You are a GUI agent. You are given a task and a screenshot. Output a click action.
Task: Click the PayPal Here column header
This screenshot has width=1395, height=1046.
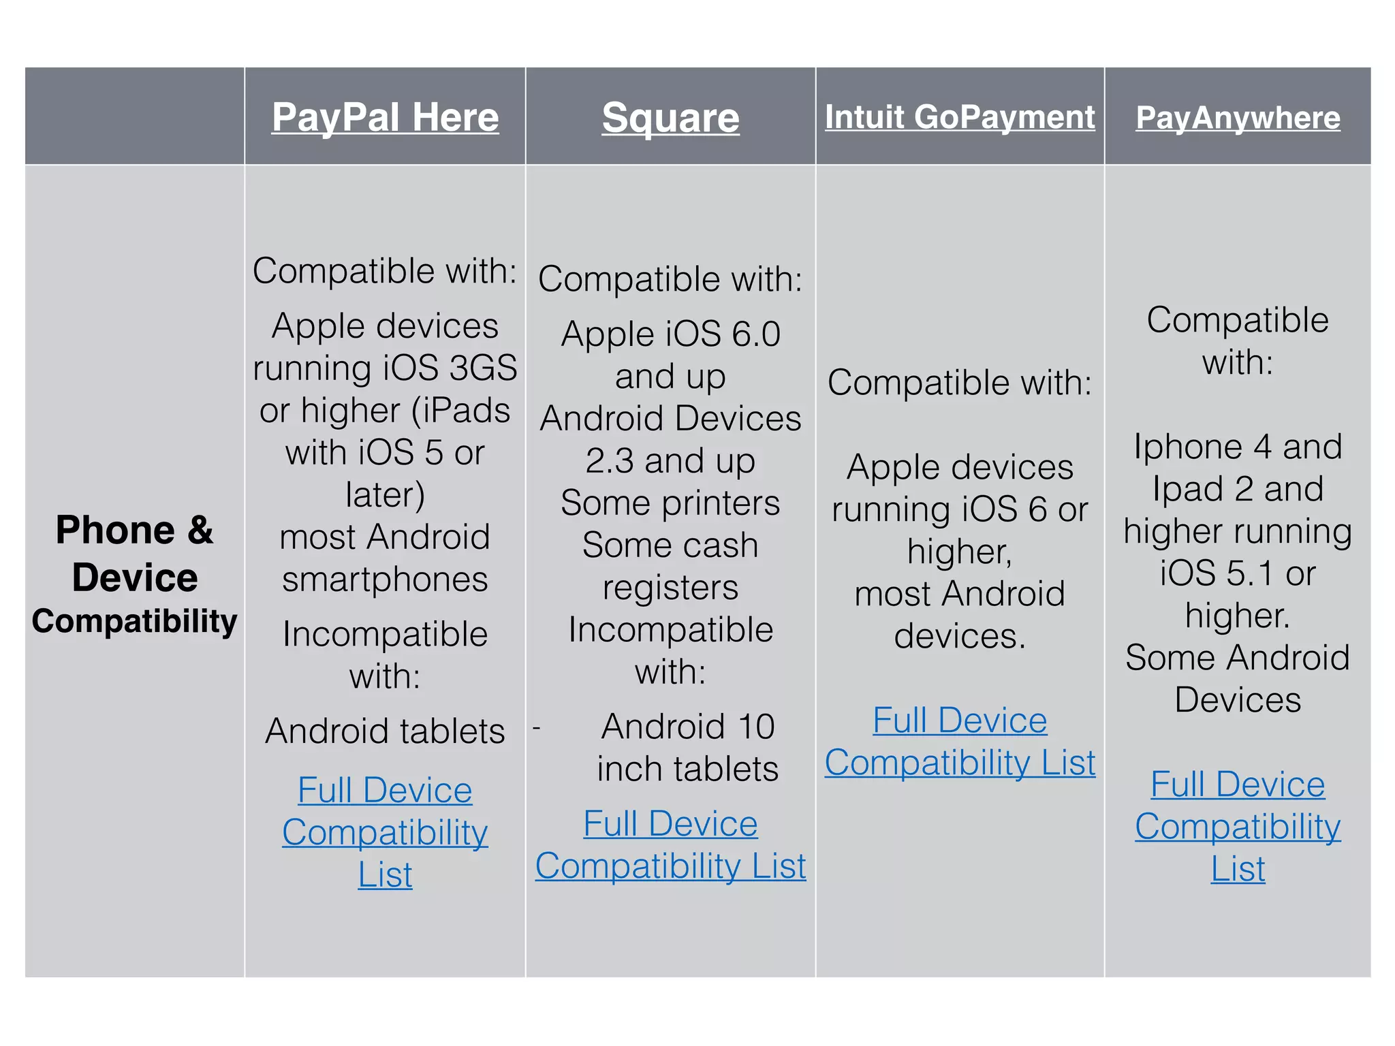pyautogui.click(x=385, y=117)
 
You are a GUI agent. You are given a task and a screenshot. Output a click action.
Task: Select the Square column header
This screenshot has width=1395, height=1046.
pyautogui.click(x=670, y=118)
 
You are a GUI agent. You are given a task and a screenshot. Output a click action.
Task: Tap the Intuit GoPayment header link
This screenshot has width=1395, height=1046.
pyautogui.click(x=960, y=116)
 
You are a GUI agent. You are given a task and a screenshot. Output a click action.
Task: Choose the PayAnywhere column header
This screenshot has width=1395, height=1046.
pyautogui.click(x=1238, y=118)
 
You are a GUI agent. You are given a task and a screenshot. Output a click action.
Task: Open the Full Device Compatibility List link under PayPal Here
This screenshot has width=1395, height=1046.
pyautogui.click(x=385, y=831)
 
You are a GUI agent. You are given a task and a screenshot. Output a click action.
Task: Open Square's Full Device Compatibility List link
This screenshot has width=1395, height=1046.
pyautogui.click(x=670, y=845)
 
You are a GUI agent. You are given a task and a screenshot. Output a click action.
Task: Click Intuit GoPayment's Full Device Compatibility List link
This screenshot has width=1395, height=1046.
pyautogui.click(x=960, y=742)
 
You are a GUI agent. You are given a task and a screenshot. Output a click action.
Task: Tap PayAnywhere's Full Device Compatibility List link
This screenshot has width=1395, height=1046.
pyautogui.click(x=1238, y=826)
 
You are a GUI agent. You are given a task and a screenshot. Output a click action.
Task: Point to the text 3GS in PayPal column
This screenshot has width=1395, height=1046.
pyautogui.click(x=483, y=368)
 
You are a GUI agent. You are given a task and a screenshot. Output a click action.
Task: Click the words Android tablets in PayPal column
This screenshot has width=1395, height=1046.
pyautogui.click(x=385, y=731)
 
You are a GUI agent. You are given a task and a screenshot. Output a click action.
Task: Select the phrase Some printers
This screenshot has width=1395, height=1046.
pyautogui.click(x=670, y=503)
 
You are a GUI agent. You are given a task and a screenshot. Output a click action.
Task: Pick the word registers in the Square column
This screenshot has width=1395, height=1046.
pyautogui.click(x=670, y=588)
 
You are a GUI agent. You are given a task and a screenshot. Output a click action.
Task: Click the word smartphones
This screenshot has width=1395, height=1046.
pyautogui.click(x=385, y=580)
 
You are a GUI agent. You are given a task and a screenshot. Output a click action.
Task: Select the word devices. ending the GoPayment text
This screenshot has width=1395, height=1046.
pyautogui.click(x=960, y=636)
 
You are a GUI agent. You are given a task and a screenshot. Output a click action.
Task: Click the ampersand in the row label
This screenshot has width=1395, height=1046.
pyautogui.click(x=200, y=530)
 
